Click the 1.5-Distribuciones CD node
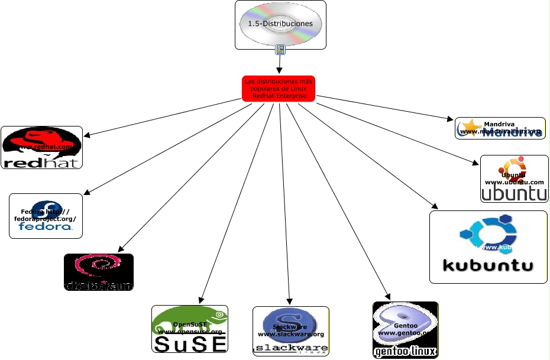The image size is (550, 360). tap(280, 24)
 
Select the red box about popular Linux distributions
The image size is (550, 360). tap(279, 88)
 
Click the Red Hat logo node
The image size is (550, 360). tap(41, 147)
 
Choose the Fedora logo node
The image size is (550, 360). tap(46, 216)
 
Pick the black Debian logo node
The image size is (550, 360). tap(98, 272)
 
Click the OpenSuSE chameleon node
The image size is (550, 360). tap(190, 329)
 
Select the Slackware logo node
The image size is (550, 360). tap(290, 330)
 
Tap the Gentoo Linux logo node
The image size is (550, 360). tap(405, 329)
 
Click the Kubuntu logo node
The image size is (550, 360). tap(488, 247)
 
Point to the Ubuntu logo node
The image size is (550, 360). tap(513, 179)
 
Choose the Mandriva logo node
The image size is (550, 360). tap(500, 128)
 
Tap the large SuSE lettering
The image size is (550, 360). tap(190, 343)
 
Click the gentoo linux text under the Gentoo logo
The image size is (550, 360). tap(405, 352)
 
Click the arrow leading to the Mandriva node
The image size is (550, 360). tap(384, 108)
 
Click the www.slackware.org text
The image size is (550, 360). tap(291, 335)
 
